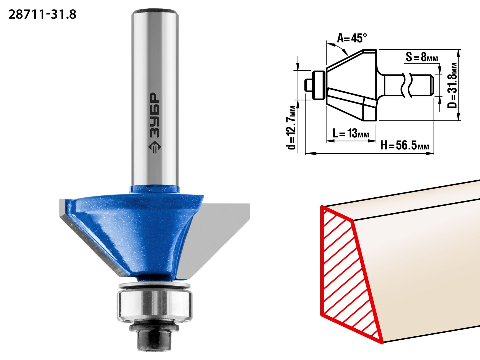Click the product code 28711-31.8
click(42, 15)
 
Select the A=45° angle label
click(352, 38)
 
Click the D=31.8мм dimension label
click(452, 85)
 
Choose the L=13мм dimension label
click(351, 133)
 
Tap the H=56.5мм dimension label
click(405, 145)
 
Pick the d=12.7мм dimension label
click(292, 128)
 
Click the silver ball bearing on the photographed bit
click(155, 306)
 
